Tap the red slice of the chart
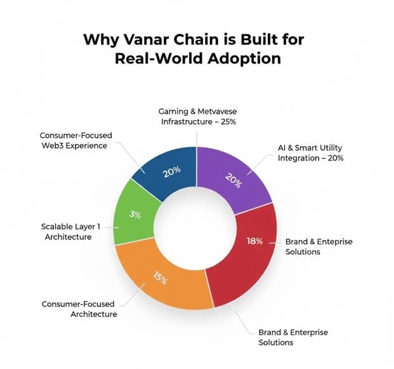247,260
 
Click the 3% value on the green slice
135,215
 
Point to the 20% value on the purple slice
233,182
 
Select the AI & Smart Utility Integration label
311,152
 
